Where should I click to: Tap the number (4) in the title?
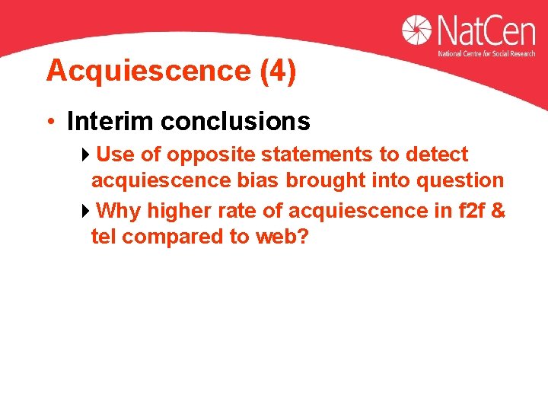pos(279,71)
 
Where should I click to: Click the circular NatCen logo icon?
pos(417,30)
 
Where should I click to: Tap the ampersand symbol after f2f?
pos(498,210)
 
